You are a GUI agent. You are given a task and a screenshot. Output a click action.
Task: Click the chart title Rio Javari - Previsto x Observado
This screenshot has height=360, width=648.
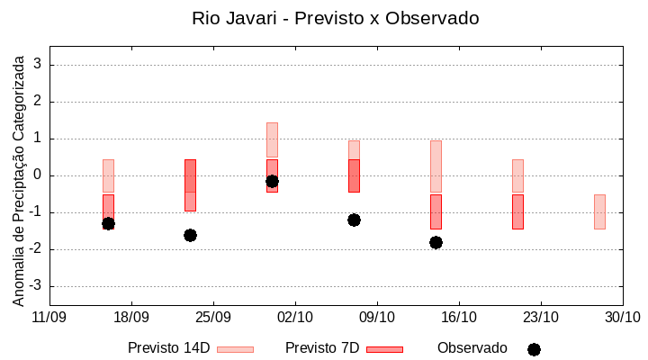pos(336,18)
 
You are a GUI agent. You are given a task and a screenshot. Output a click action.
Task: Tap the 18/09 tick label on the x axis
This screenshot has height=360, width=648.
pos(131,317)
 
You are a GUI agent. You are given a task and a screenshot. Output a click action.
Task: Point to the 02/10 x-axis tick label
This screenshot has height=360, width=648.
pos(295,317)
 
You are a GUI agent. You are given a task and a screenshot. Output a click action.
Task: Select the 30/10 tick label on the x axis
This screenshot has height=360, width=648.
pos(622,317)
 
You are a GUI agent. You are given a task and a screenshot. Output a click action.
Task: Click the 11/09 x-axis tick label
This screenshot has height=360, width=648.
pos(49,317)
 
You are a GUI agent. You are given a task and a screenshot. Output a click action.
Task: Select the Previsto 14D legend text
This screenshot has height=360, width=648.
pos(168,348)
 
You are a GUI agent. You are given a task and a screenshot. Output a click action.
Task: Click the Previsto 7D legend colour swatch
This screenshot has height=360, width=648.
pos(384,349)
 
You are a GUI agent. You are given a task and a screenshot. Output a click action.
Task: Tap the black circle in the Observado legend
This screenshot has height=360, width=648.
pos(534,349)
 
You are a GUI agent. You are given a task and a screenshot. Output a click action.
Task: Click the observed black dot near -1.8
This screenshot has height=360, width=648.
pos(436,242)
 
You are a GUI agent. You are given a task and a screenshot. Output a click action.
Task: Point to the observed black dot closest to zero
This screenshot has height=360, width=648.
pos(272,181)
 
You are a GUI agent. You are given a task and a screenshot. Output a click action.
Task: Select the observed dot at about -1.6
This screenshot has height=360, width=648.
pos(190,235)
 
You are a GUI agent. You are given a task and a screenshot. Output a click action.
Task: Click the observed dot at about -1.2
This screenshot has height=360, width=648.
pos(354,220)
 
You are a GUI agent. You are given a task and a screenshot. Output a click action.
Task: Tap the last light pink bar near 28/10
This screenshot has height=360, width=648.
pos(599,211)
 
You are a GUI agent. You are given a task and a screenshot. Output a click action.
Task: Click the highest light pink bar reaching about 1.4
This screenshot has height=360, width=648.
pos(272,139)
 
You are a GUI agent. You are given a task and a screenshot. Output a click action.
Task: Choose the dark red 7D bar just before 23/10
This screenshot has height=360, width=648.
pos(517,211)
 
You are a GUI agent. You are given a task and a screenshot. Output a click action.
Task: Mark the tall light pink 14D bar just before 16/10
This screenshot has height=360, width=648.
pos(436,166)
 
